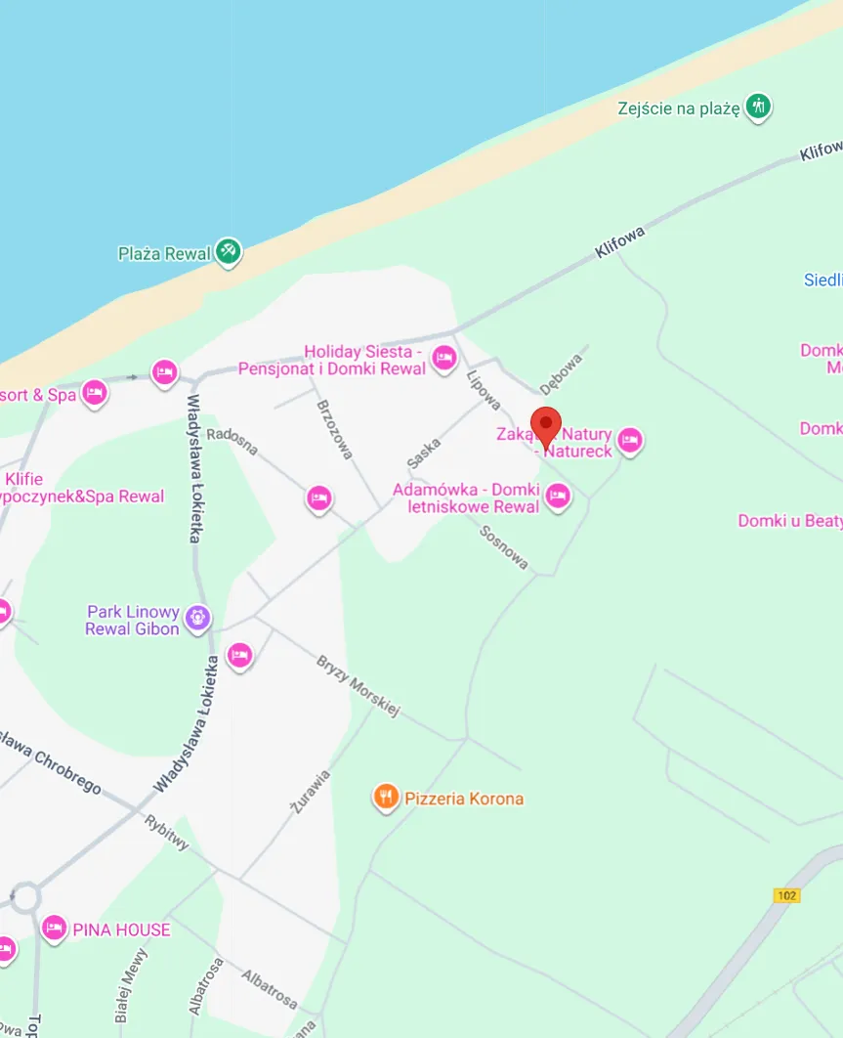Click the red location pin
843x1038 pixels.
coord(546,426)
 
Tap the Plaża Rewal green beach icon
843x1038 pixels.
coord(229,251)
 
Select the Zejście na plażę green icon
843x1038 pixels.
coord(758,107)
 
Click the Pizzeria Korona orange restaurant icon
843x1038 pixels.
coord(387,798)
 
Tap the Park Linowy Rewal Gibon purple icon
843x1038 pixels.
coord(198,619)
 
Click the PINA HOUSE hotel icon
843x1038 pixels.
coord(55,928)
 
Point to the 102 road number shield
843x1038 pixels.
coord(786,895)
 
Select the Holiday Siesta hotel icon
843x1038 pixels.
coord(444,359)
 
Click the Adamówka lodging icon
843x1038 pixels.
coord(558,497)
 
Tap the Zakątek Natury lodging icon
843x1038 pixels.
coord(630,441)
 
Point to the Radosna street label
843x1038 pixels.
coord(232,441)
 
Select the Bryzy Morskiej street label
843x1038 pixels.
coord(358,686)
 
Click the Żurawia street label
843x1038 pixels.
coord(311,792)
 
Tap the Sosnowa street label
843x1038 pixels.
coord(504,547)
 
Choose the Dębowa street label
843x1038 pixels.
coord(560,373)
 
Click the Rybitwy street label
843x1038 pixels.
coord(166,832)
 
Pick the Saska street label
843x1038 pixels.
coord(424,452)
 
